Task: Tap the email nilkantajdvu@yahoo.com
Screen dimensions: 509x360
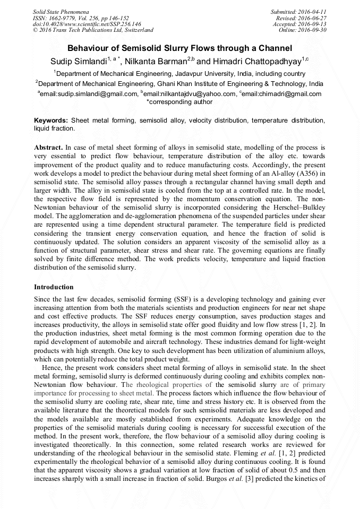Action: pos(190,94)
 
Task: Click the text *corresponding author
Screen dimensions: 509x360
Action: pos(179,102)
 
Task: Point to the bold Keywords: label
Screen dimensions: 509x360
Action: pos(52,121)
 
